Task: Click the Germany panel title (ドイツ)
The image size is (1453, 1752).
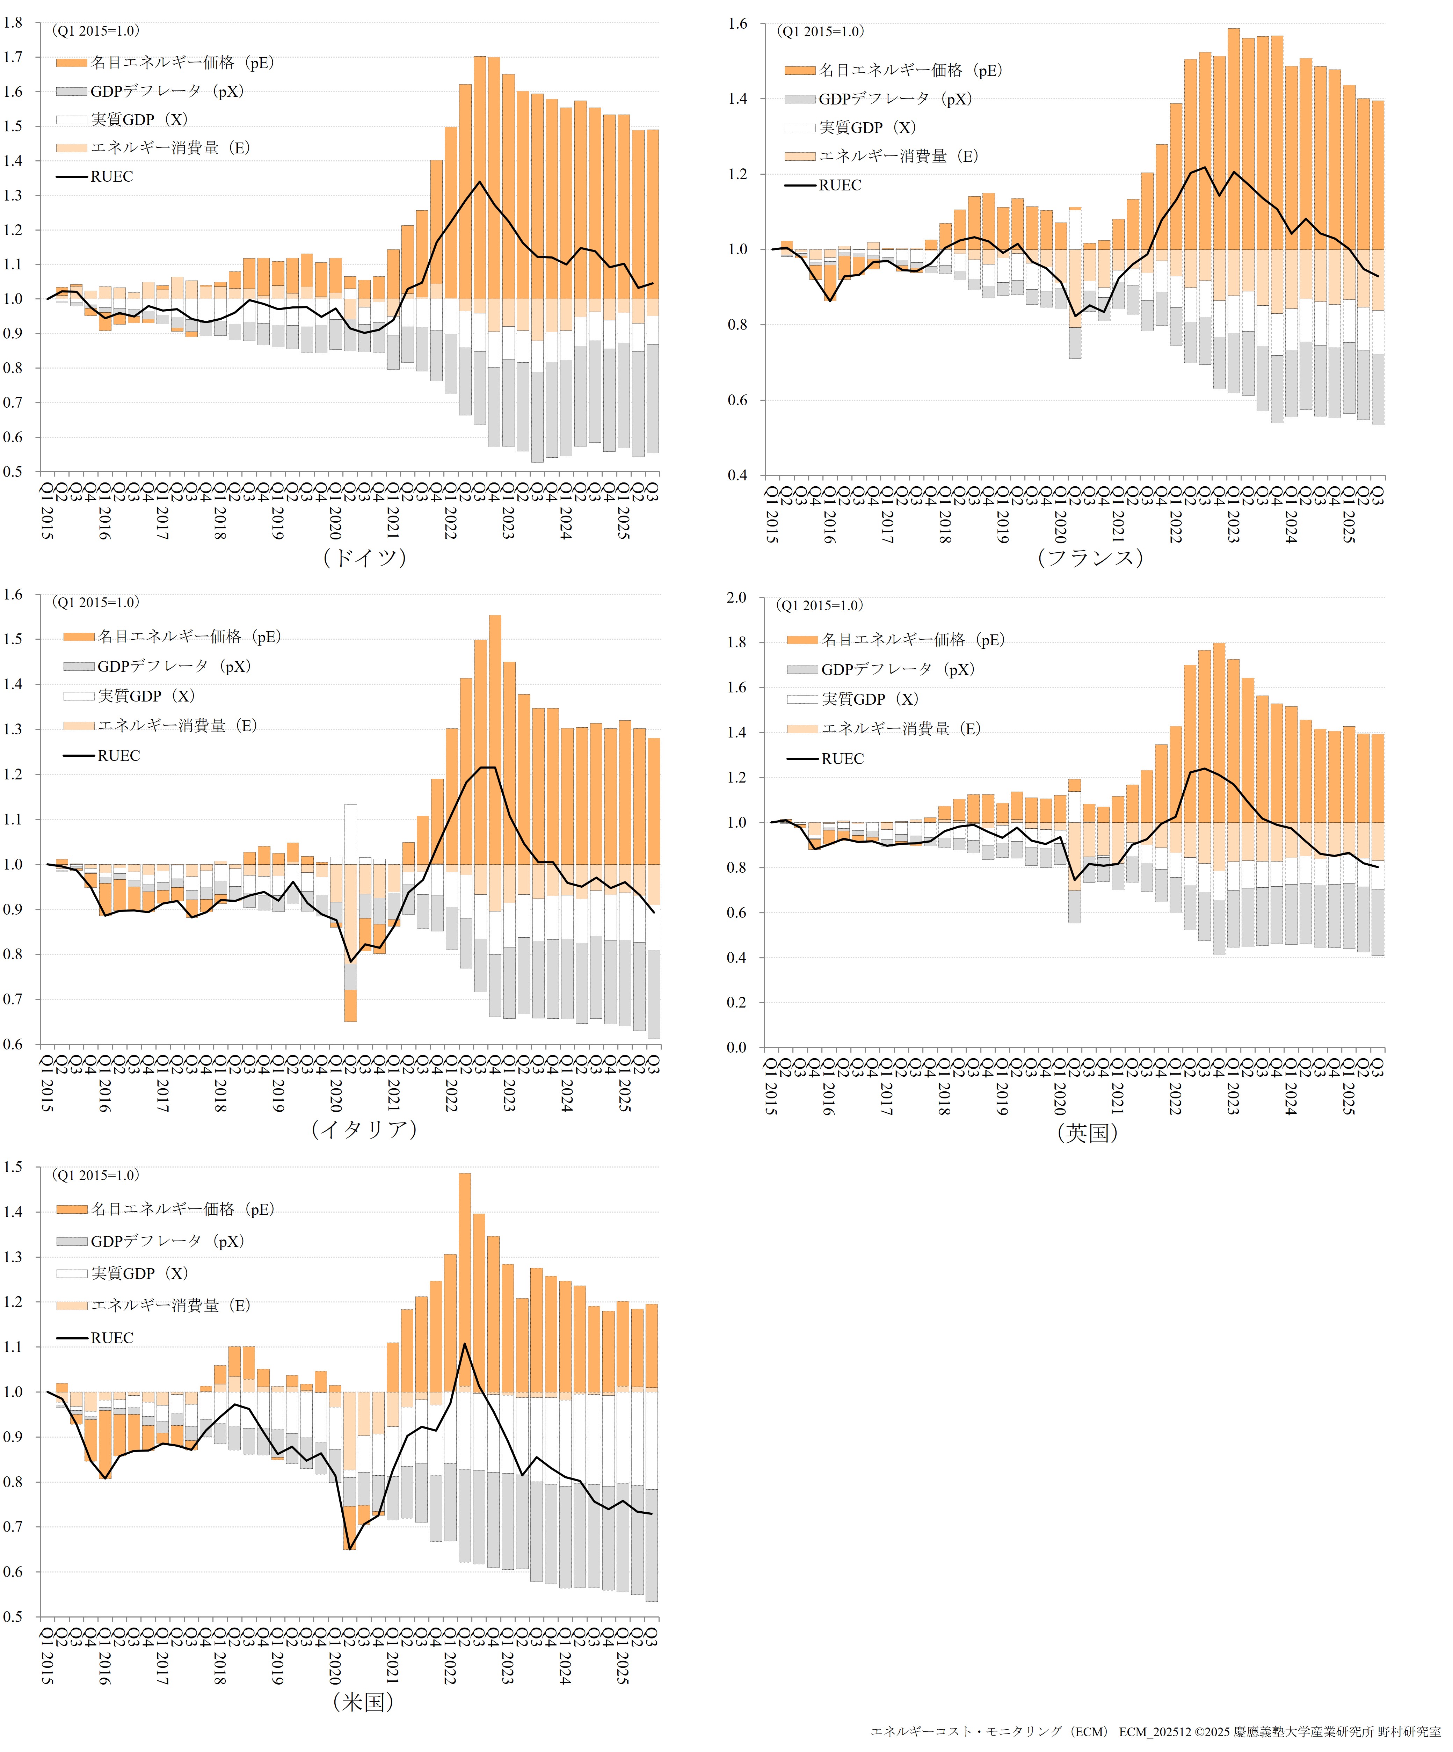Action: pyautogui.click(x=364, y=557)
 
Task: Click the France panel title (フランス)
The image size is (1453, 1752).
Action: pyautogui.click(x=1089, y=557)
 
